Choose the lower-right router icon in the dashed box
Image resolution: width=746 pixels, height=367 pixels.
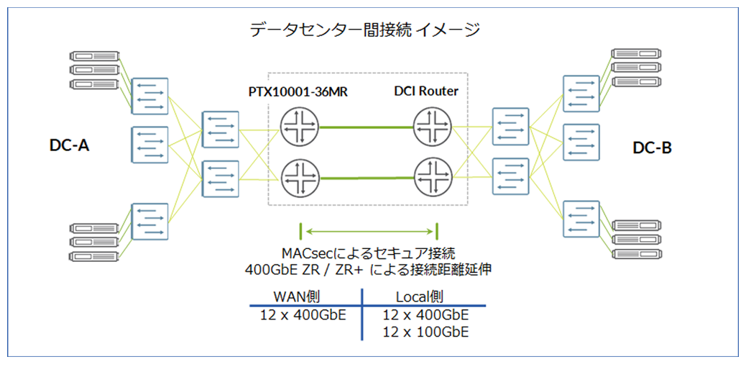point(431,176)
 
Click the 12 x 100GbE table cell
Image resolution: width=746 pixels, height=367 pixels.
point(425,332)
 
